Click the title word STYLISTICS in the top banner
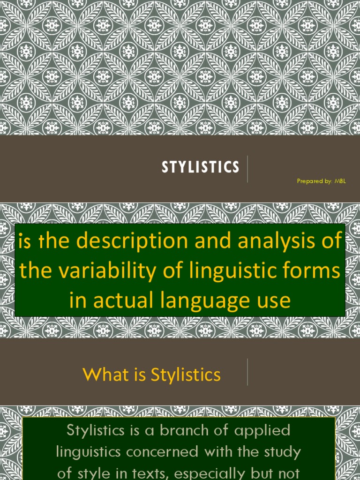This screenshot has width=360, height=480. (x=200, y=167)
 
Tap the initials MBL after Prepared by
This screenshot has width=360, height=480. (x=340, y=181)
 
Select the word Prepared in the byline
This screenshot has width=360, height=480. (x=307, y=181)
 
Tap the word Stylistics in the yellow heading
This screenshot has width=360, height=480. (x=186, y=375)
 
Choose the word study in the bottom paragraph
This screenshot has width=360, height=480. (x=282, y=452)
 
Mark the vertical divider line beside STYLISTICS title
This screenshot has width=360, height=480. (x=247, y=170)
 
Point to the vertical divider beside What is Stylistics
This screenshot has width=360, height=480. (x=247, y=372)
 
